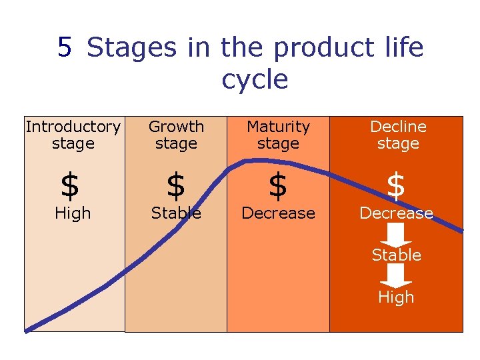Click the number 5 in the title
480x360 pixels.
point(64,47)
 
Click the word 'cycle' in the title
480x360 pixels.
point(255,79)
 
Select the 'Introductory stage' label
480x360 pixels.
point(73,135)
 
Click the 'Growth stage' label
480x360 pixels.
point(176,135)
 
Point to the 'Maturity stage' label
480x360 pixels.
point(278,135)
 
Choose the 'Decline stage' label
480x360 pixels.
point(398,135)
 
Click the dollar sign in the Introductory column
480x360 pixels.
point(69,186)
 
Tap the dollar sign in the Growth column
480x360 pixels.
point(175,186)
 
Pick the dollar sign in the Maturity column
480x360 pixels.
point(277,186)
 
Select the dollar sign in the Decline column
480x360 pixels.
point(396,186)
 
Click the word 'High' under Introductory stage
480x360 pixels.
point(73,213)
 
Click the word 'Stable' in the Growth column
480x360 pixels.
point(176,213)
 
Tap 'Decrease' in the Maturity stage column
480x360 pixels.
point(278,213)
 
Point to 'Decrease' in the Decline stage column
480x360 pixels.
point(397,213)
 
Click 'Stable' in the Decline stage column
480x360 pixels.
point(397,255)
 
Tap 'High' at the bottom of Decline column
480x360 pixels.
point(396,297)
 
